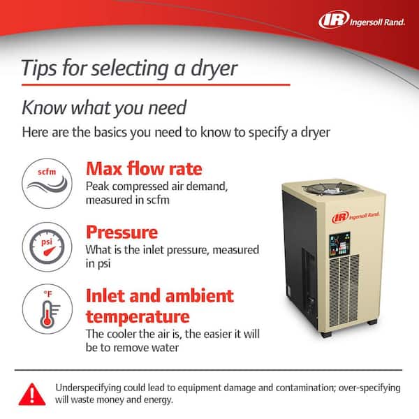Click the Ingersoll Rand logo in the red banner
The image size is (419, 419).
(x=362, y=20)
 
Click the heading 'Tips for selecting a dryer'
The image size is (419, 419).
(x=129, y=68)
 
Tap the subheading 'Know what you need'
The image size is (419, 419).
(x=104, y=108)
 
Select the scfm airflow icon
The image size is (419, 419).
(x=47, y=183)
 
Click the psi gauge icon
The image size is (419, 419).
(x=47, y=247)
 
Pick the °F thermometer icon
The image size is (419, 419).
(x=47, y=309)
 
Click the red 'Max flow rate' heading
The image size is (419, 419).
(x=144, y=169)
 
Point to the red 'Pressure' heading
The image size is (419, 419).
(x=122, y=233)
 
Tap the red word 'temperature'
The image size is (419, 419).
(x=138, y=316)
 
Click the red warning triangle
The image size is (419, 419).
(x=32, y=394)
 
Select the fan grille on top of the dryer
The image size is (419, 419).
(x=332, y=188)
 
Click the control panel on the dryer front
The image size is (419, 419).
(x=339, y=244)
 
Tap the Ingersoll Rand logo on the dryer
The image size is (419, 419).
(x=355, y=216)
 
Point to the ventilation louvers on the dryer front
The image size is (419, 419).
(x=344, y=291)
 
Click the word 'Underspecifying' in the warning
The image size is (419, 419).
(x=88, y=388)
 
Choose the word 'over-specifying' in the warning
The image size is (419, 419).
(x=369, y=388)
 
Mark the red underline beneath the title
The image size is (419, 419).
(x=156, y=85)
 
